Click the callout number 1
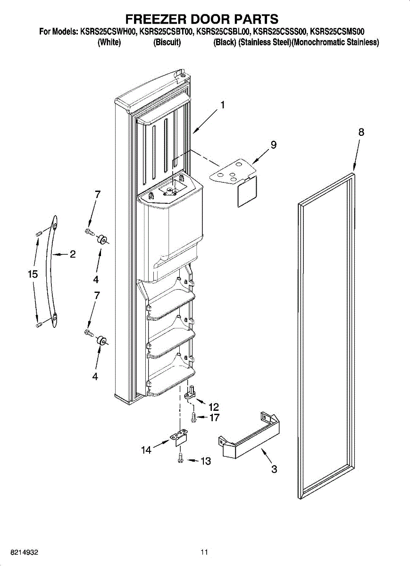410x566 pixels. tap(222, 105)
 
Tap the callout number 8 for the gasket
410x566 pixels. tap(361, 133)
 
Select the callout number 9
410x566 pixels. tap(274, 145)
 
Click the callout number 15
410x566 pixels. tap(33, 275)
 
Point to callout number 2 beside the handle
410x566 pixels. tap(73, 255)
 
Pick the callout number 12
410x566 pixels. tap(213, 407)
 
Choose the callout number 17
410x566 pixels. tap(214, 417)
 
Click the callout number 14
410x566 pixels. tap(146, 450)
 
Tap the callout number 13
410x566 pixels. tap(206, 461)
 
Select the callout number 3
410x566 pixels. tap(274, 469)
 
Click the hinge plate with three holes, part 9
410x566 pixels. tap(232, 175)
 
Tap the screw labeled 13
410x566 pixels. tap(181, 458)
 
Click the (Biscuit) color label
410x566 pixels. tap(167, 42)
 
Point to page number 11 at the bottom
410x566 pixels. tap(204, 552)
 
